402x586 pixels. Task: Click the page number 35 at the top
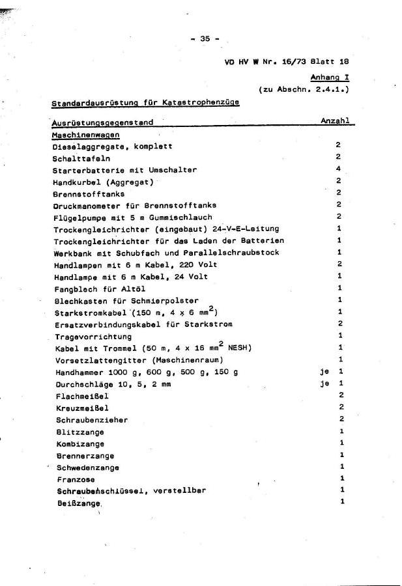tap(205, 38)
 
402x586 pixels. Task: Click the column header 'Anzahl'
tap(335, 121)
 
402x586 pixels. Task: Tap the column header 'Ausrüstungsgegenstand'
tap(102, 122)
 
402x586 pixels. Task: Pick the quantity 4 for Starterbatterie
tap(339, 169)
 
